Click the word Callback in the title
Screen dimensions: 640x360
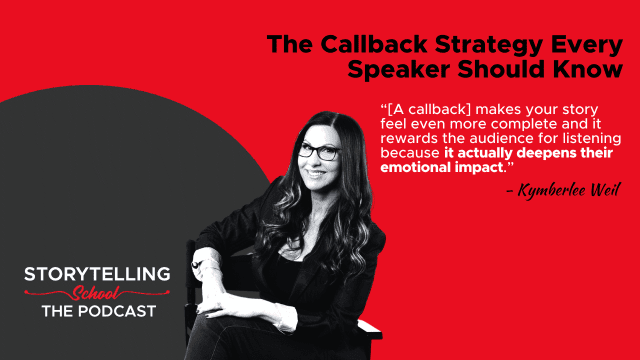373,44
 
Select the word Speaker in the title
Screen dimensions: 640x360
399,70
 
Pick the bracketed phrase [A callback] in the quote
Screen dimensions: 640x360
430,110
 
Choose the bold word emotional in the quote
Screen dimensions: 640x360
413,167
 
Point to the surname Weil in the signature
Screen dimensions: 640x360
606,190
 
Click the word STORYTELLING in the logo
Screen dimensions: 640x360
97,274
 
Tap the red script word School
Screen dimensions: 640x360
96,293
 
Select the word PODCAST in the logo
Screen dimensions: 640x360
117,311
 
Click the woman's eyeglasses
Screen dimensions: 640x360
319,151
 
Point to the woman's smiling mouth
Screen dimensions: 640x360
316,173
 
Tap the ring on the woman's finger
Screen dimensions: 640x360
196,265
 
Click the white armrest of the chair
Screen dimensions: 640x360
370,329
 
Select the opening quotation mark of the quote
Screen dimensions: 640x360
384,107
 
